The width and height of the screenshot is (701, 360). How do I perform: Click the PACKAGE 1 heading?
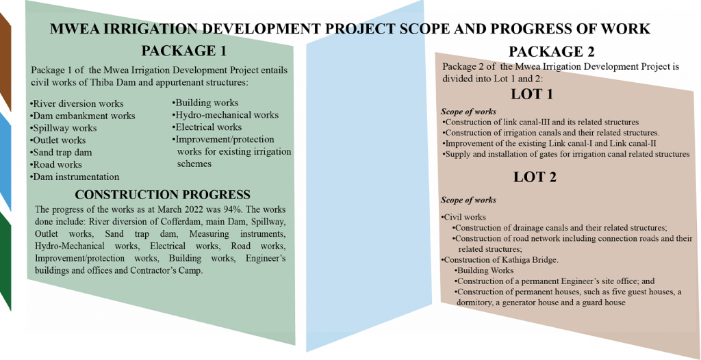point(183,51)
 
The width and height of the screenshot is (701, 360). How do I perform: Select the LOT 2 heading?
point(535,177)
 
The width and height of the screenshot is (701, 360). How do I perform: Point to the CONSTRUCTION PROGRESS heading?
point(162,195)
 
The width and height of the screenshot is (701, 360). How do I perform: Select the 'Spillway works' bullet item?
point(64,129)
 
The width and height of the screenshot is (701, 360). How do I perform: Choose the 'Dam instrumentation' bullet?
point(75,177)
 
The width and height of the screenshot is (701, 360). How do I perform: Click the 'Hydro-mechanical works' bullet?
point(225,115)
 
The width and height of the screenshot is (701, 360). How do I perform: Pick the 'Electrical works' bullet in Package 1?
point(207,127)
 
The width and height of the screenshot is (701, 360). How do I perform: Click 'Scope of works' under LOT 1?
point(468,112)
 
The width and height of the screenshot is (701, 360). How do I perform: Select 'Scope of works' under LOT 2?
point(468,200)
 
